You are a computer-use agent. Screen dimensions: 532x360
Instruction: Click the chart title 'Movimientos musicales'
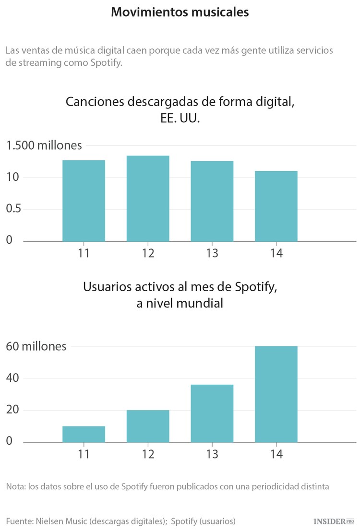coord(180,12)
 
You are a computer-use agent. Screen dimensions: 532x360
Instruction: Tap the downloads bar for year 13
coord(212,201)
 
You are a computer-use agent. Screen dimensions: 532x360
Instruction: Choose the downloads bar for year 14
coord(276,206)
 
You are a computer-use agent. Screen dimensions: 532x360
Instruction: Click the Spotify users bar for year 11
coord(84,434)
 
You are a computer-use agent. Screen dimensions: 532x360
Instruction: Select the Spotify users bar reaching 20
coord(148,426)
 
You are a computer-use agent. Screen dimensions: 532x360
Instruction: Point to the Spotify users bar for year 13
coord(212,413)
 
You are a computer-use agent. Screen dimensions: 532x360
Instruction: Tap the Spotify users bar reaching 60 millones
coord(276,394)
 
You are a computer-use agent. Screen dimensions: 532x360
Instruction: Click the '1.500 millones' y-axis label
coord(44,145)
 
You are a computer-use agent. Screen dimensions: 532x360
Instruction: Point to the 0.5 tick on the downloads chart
coord(13,209)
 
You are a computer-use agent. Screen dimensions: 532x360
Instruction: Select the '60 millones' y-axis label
coord(36,346)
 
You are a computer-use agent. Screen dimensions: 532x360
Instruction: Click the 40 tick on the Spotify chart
coord(13,378)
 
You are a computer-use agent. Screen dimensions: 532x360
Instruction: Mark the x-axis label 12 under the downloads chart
coord(148,253)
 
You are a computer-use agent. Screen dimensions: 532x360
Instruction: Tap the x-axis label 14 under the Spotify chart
coord(276,454)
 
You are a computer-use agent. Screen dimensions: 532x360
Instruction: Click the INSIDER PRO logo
coord(333,521)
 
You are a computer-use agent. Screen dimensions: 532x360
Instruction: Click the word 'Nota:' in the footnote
coord(16,486)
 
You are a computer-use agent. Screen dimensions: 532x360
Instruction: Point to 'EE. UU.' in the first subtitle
coord(180,118)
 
